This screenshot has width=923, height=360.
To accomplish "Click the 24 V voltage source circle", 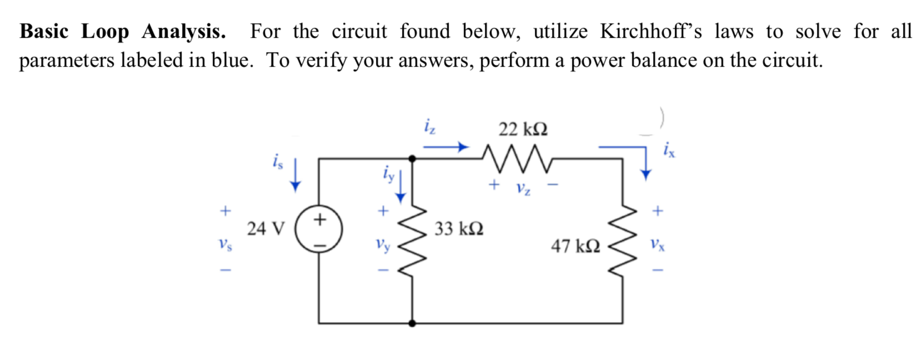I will pyautogui.click(x=318, y=229).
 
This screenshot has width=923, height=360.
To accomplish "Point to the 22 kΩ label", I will pyautogui.click(x=523, y=129).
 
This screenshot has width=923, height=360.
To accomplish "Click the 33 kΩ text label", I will pyautogui.click(x=459, y=228).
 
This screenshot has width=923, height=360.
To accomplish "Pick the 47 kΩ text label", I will pyautogui.click(x=575, y=246).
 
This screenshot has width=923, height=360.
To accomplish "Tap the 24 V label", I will pyautogui.click(x=265, y=228).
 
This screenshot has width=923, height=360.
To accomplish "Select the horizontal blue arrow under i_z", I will pyautogui.click(x=445, y=147).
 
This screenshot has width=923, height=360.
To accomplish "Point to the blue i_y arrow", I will pyautogui.click(x=400, y=188).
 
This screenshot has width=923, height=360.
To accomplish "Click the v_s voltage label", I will pyautogui.click(x=225, y=243).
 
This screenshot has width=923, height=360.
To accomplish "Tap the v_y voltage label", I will pyautogui.click(x=383, y=243).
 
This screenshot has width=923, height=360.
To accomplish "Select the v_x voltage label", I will pyautogui.click(x=658, y=244).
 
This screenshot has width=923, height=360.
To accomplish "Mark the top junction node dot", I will pyautogui.click(x=412, y=159).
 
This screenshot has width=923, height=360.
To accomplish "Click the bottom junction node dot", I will pyautogui.click(x=412, y=323).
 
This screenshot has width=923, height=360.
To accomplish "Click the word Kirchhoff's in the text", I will pyautogui.click(x=651, y=32).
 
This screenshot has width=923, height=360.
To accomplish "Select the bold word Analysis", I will pyautogui.click(x=183, y=32).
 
